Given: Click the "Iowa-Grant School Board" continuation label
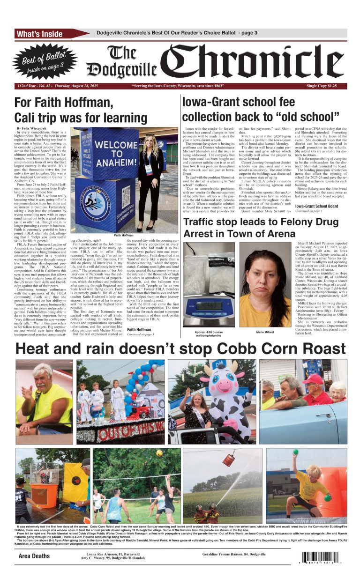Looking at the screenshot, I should click(x=316, y=206).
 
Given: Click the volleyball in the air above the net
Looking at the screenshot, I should click(x=159, y=453).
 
